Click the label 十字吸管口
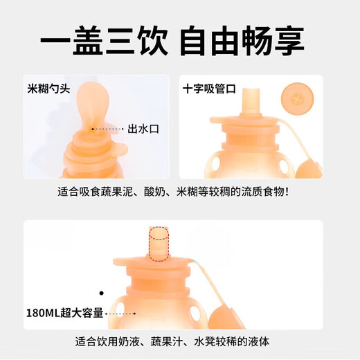209,89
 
